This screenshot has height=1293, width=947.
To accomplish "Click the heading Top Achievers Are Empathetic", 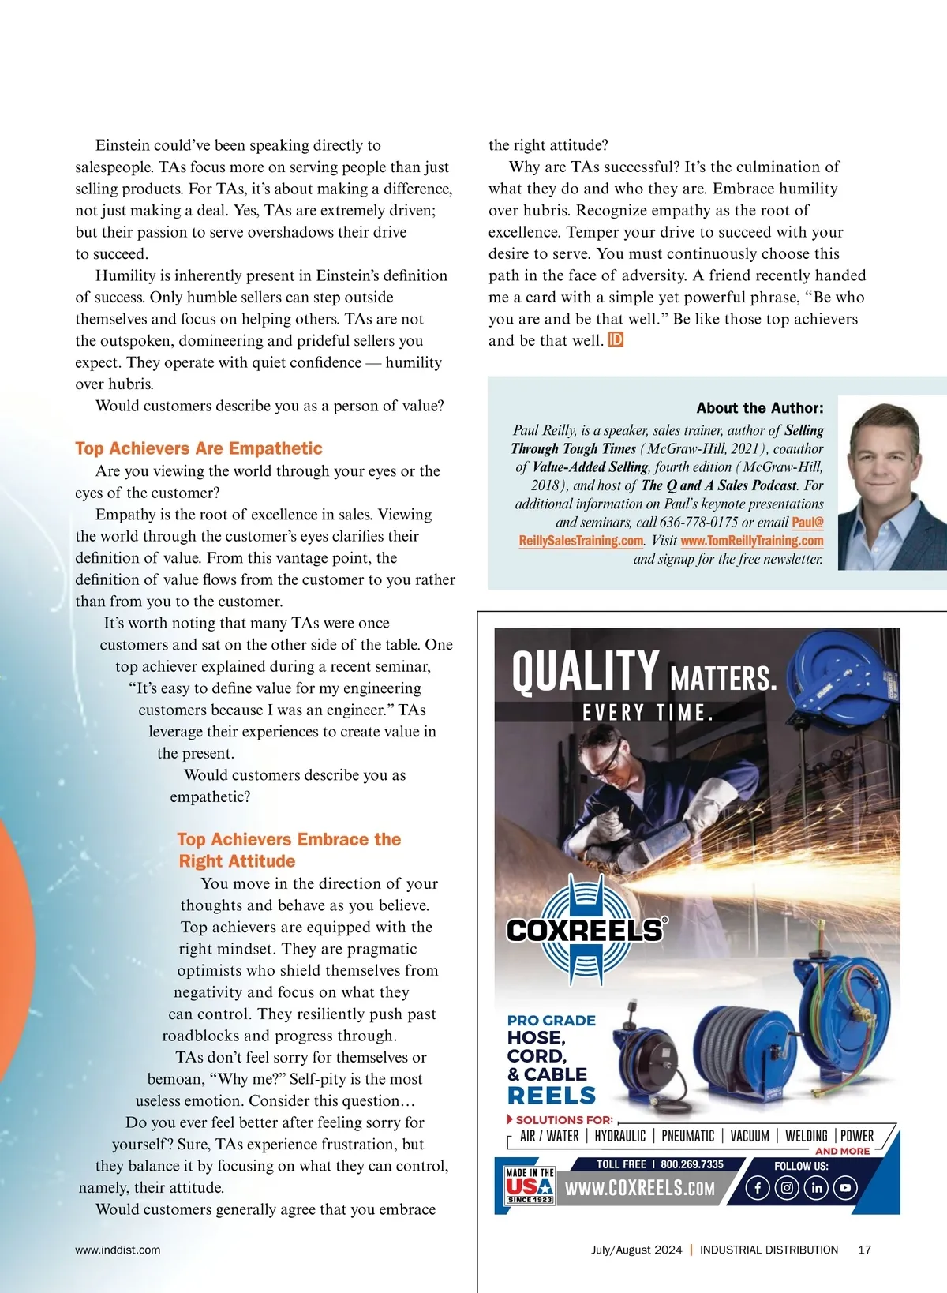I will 199,448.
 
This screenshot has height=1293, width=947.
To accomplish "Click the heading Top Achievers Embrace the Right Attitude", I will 289,850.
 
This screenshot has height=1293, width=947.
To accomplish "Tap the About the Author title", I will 759,408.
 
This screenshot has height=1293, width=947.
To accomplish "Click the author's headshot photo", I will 892,482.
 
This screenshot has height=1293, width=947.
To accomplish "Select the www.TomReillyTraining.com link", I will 751,541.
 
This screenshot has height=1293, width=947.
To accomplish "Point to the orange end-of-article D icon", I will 616,340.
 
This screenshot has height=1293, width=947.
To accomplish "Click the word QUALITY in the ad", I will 585,672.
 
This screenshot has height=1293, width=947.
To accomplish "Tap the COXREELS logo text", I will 585,930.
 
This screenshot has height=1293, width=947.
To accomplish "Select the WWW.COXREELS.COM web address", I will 640,1188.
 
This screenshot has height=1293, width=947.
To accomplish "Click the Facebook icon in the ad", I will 757,1188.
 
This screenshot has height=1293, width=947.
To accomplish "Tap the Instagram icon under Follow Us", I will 787,1188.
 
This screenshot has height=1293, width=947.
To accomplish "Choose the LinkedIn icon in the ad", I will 816,1188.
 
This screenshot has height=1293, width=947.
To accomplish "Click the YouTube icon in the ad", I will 845,1188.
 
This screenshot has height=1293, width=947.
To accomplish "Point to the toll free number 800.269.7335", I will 691,1164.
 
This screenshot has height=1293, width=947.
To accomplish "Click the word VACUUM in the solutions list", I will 749,1136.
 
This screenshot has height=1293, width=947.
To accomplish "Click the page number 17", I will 864,1250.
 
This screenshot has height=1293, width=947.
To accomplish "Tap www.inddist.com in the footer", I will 118,1250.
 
